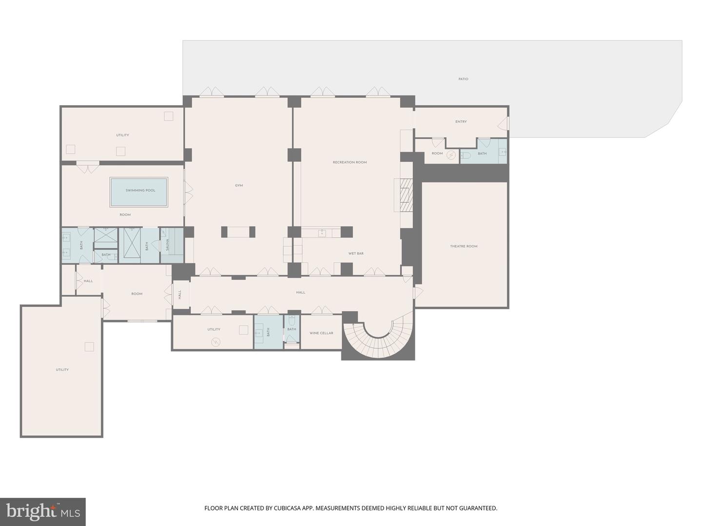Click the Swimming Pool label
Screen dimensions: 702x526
tap(140, 190)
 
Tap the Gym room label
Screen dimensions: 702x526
tap(238, 186)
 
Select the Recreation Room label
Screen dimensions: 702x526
tap(349, 162)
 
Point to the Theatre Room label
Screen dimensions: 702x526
tap(464, 246)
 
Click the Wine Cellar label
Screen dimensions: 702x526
tap(321, 333)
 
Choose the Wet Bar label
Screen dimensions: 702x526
tap(356, 253)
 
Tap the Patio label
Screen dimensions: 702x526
tap(463, 79)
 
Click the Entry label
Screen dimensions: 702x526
tap(461, 122)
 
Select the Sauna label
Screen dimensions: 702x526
tap(167, 244)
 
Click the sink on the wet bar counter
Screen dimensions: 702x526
tap(322, 233)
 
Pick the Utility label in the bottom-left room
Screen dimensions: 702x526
tap(62, 370)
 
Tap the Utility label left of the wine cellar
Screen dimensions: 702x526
tap(214, 329)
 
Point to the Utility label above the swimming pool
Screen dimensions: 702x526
tap(122, 135)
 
